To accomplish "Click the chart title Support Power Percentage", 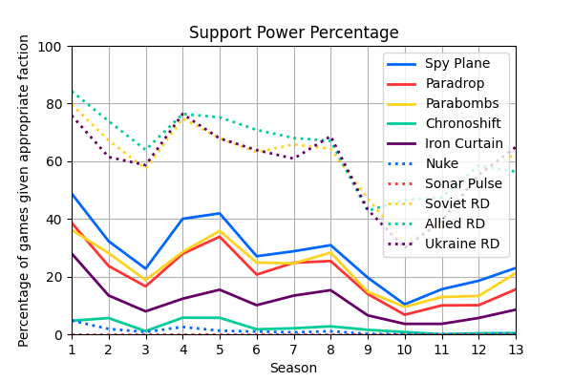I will [294, 32].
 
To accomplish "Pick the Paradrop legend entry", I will [455, 84].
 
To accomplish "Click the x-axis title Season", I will [293, 368].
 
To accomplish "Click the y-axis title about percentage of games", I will [25, 191].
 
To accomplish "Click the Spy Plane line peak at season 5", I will [220, 213].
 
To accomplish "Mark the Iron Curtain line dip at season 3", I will [146, 311].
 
